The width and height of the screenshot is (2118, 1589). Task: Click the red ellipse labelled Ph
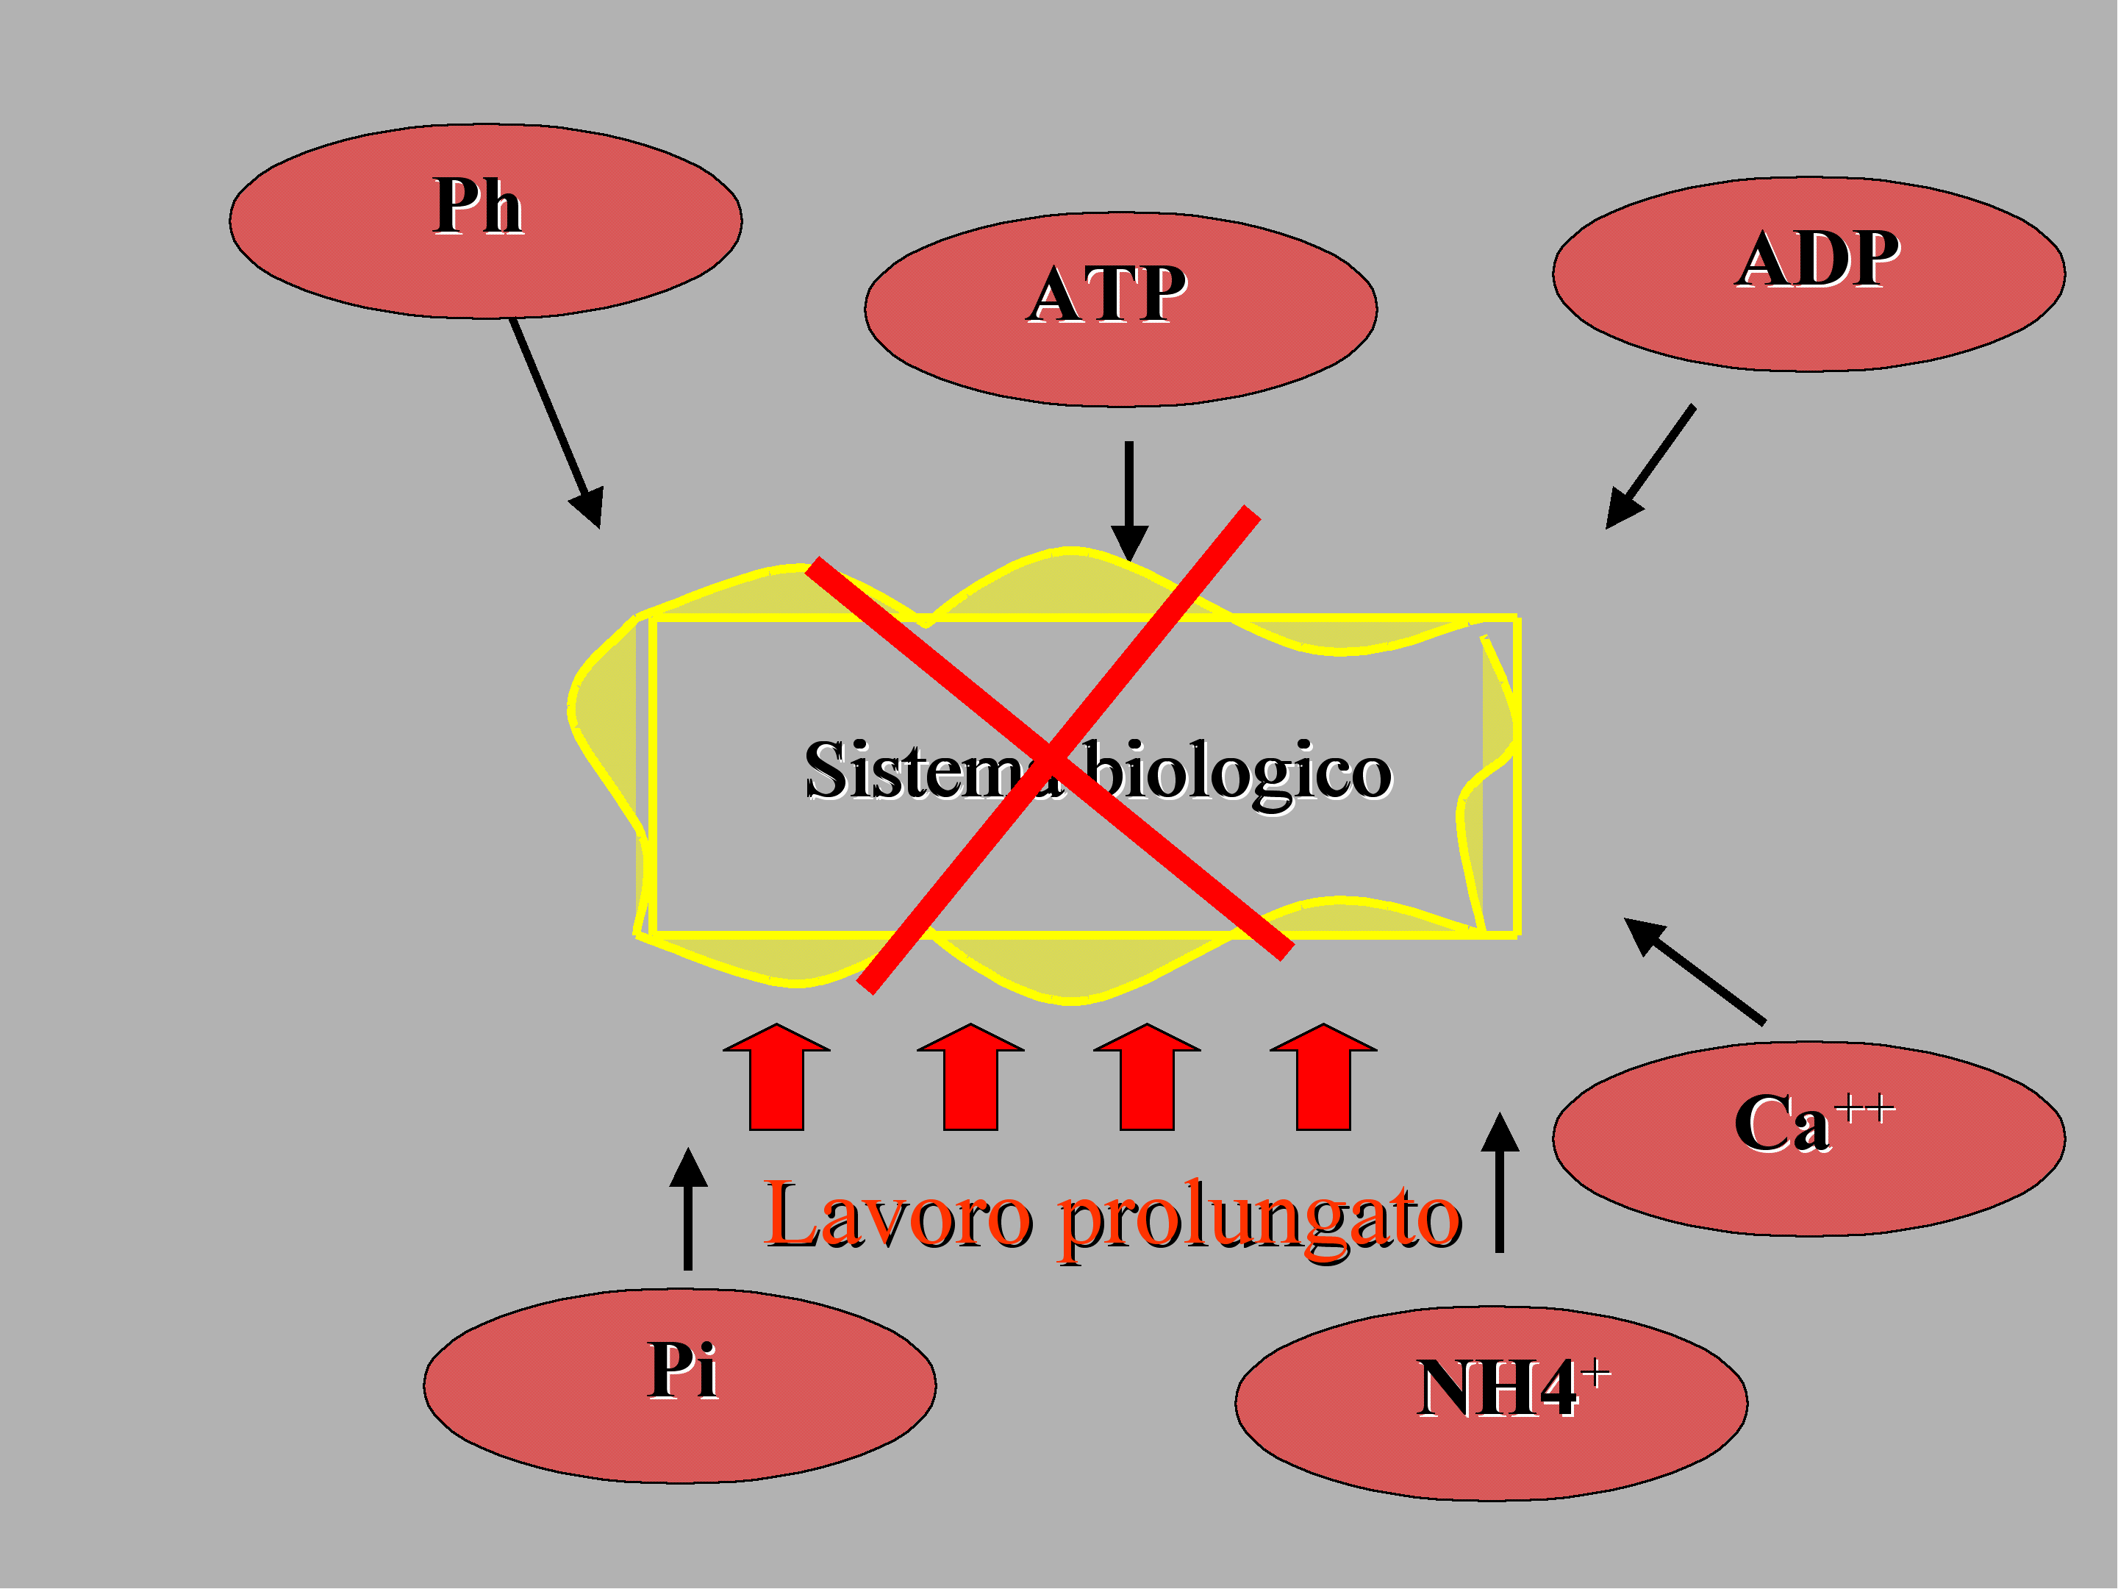[485, 221]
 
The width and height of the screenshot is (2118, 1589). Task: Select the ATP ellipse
[1120, 310]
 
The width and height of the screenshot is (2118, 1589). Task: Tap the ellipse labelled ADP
[1808, 274]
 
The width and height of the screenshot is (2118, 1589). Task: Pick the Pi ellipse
[680, 1386]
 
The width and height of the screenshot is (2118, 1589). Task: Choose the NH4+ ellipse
[1491, 1403]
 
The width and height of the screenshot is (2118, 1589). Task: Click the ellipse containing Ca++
[1808, 1139]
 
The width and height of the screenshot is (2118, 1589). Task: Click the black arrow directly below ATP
[1130, 501]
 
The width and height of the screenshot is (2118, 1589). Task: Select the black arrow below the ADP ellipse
[1650, 466]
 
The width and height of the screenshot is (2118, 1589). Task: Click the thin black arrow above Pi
[687, 1209]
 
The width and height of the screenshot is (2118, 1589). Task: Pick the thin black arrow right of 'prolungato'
[1500, 1182]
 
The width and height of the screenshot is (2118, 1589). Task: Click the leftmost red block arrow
[776, 1077]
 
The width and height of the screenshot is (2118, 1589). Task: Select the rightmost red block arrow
[1323, 1077]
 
